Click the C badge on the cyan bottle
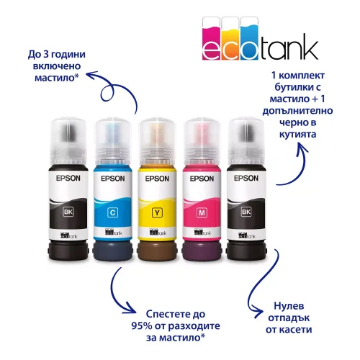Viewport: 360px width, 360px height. (x=112, y=212)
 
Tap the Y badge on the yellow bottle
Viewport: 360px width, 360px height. (x=157, y=212)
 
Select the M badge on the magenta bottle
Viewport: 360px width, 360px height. (x=202, y=212)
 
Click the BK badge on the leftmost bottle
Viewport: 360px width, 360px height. (x=68, y=212)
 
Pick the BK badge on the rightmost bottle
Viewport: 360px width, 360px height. (x=246, y=212)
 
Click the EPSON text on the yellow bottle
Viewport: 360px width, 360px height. (x=157, y=179)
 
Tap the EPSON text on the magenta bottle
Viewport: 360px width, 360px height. (x=202, y=179)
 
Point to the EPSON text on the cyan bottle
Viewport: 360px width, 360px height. (x=113, y=179)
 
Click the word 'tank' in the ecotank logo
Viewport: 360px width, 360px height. (x=289, y=47)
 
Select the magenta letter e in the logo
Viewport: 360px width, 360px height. (x=211, y=50)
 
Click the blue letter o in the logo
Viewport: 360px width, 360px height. (x=249, y=50)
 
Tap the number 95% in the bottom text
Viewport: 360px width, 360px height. (x=142, y=325)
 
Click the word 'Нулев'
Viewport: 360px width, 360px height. (x=289, y=306)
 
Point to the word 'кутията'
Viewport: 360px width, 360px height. (x=297, y=134)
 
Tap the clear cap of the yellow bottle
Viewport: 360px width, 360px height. (x=157, y=142)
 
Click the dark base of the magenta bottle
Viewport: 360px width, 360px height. (x=202, y=251)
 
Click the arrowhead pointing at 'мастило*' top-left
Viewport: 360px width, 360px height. (x=91, y=74)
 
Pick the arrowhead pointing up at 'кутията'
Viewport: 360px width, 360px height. (x=300, y=148)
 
